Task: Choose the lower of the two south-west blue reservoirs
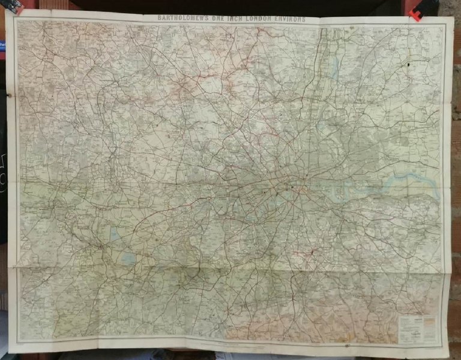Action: point(128,259)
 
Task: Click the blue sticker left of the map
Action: point(2,48)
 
